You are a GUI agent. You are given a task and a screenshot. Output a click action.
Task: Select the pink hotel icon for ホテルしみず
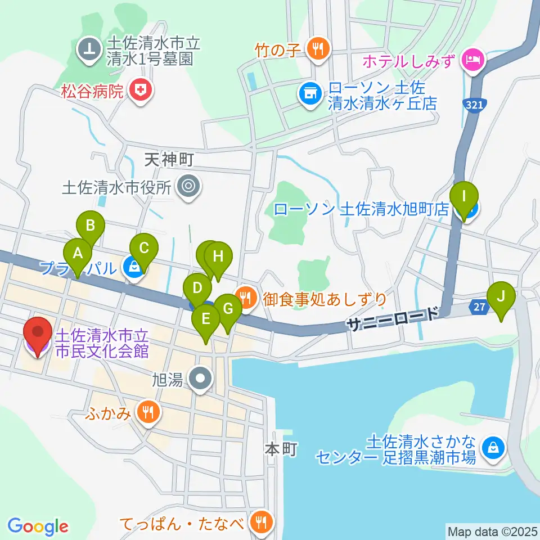pyautogui.click(x=472, y=58)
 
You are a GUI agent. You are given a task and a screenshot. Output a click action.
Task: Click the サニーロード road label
pyautogui.click(x=391, y=318)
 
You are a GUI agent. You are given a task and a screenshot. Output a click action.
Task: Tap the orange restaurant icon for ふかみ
pyautogui.click(x=148, y=414)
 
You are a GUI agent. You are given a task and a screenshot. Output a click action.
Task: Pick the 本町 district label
pyautogui.click(x=280, y=449)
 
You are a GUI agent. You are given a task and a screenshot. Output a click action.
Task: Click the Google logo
pyautogui.click(x=38, y=526)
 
